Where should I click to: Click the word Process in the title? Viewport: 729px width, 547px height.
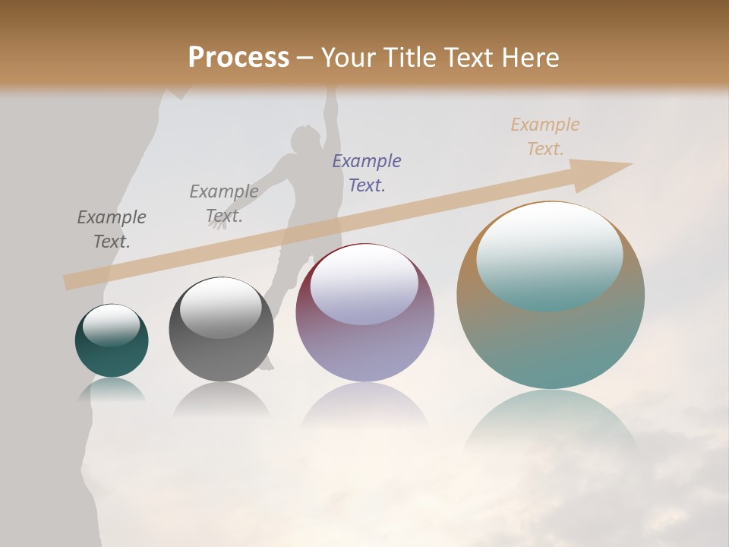pos(238,58)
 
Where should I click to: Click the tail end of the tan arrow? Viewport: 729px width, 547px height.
pos(70,282)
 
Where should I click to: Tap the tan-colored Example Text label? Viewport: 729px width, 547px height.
pos(545,137)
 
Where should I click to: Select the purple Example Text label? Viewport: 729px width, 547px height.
pos(367,173)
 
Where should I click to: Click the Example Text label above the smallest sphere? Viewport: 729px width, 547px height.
pos(112,229)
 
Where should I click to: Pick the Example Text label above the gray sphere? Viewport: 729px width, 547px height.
pos(224,204)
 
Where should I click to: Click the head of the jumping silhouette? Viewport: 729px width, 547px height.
pos(305,138)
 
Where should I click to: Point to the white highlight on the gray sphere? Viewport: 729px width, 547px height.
pos(220,308)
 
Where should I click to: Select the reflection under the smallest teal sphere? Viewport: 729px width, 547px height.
pos(112,389)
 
